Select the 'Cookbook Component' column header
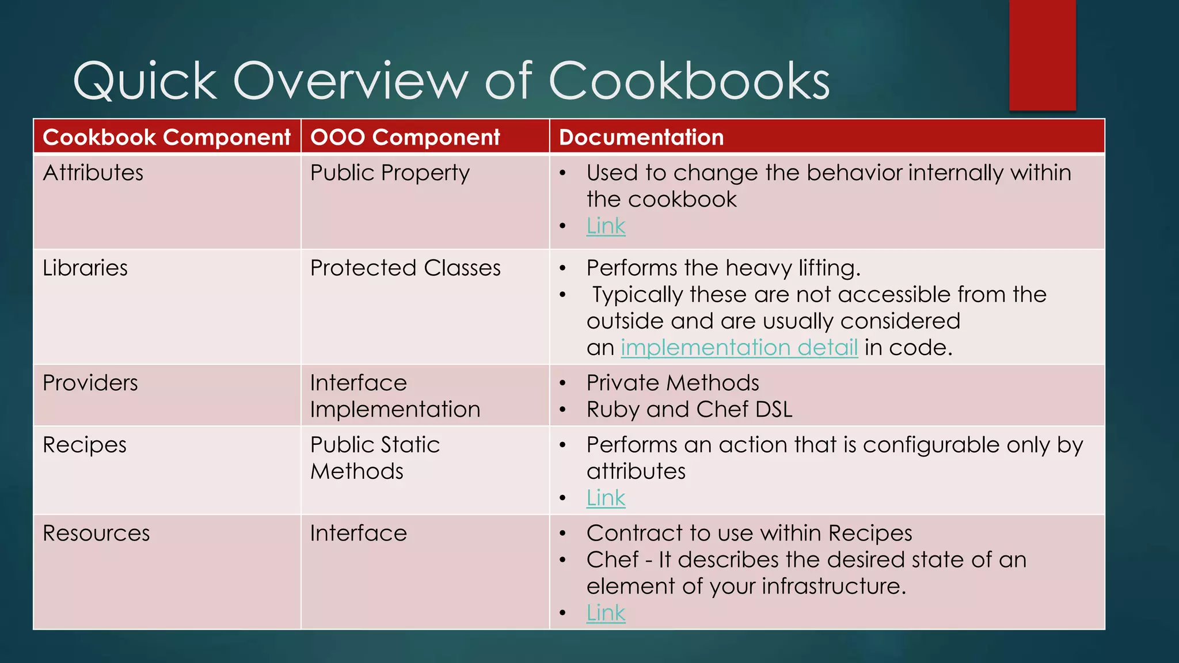coord(166,138)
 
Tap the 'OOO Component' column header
coord(405,138)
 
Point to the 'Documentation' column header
coord(641,138)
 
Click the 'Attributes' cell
coord(93,173)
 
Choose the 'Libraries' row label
coord(85,268)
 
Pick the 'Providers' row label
coord(90,383)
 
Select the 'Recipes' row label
coord(85,445)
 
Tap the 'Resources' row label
coord(96,534)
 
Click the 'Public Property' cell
coord(390,173)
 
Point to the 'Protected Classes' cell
coord(405,268)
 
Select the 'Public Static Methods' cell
coord(375,458)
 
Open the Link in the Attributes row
coord(606,226)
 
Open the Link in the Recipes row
coord(606,498)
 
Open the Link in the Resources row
coord(606,613)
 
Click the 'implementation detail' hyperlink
coord(739,348)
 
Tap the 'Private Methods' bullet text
coord(672,383)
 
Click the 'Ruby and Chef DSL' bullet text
coord(689,410)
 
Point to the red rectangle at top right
coord(1042,55)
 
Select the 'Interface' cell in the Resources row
coord(358,534)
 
